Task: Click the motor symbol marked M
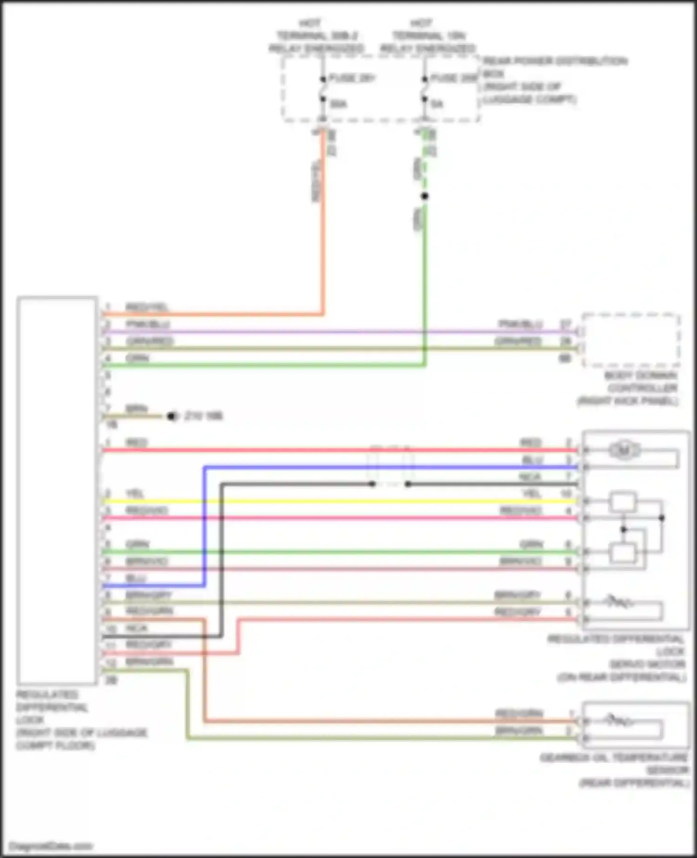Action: pos(624,450)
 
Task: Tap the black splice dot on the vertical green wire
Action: pos(424,196)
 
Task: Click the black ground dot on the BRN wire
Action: pos(171,416)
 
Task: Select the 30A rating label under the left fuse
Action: pos(338,104)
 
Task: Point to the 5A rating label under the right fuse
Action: pos(437,104)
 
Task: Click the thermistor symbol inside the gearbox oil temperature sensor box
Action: pos(618,720)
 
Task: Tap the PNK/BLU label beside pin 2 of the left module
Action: pos(148,324)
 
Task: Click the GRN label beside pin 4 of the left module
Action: pos(137,358)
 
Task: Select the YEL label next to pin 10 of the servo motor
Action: pos(531,493)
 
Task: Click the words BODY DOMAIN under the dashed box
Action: pos(640,376)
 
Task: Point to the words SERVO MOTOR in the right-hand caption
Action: pos(647,664)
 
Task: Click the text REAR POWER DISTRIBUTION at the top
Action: pos(555,61)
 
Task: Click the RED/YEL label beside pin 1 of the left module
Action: pos(146,307)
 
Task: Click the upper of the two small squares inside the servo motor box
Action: pos(623,502)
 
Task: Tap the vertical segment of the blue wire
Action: pos(204,525)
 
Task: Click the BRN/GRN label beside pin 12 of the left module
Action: pos(149,661)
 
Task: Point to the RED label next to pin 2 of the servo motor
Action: pos(531,442)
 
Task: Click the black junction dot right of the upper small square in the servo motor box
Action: pos(661,517)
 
